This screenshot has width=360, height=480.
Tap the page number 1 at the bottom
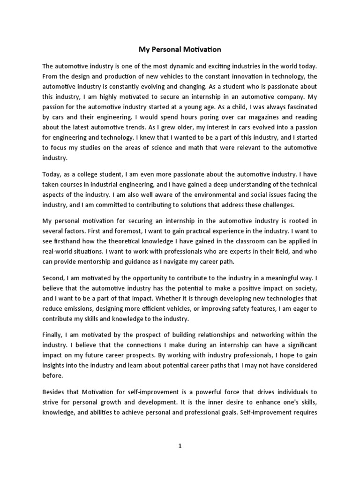pos(180,447)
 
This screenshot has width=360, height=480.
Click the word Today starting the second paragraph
pos(52,174)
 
